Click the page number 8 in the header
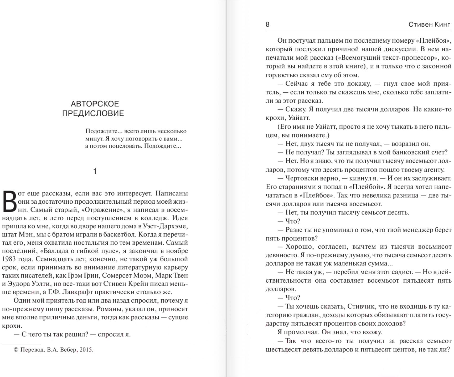pyautogui.click(x=267, y=24)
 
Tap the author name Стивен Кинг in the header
pyautogui.click(x=429, y=24)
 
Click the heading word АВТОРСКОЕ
pyautogui.click(x=95, y=104)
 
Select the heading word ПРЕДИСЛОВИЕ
pyautogui.click(x=93, y=113)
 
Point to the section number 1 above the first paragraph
pyautogui.click(x=95, y=172)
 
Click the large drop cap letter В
pyautogui.click(x=10, y=202)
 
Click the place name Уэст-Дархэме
pyautogui.click(x=165, y=226)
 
